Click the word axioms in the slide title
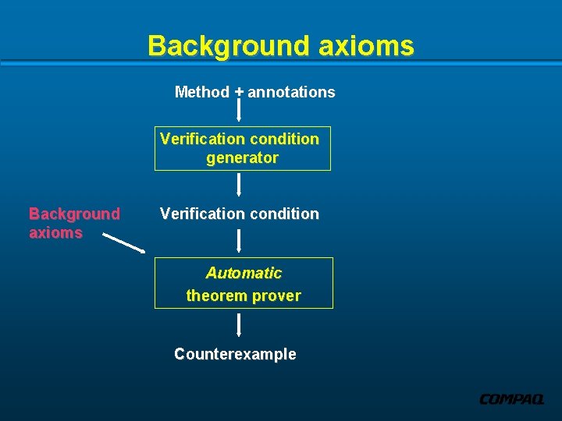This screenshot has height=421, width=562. pos(366,46)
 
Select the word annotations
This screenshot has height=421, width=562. pos(292,92)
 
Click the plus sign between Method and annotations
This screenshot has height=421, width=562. pos(239,92)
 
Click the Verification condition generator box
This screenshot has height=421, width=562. pos(243,148)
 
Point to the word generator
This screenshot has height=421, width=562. pos(242,158)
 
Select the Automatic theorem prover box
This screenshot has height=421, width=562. pos(244,283)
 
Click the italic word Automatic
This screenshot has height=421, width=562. pos(244,273)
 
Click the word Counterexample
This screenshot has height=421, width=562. pos(235,354)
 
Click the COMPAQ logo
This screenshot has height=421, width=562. pos(511,399)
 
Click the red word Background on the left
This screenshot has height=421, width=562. pos(74,214)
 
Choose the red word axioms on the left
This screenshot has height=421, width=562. pos(55,232)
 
